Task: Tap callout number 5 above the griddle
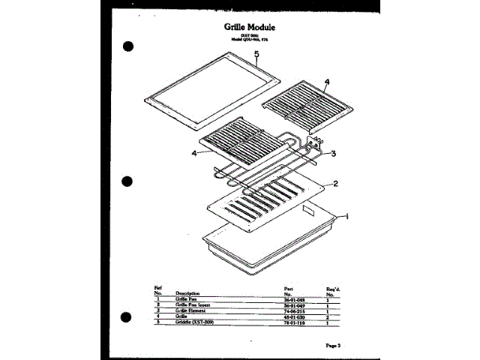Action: pos(256,54)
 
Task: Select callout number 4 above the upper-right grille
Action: pos(326,82)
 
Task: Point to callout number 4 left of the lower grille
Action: pos(194,153)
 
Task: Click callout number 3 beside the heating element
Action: pos(332,153)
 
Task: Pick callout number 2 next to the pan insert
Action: pos(335,183)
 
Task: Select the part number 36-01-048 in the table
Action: pos(293,299)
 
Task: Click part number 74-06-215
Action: pos(293,310)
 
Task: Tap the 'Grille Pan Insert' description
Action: pos(196,305)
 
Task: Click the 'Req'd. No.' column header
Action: pos(334,290)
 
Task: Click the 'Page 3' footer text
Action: pos(334,345)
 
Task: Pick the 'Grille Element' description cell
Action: pos(193,310)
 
